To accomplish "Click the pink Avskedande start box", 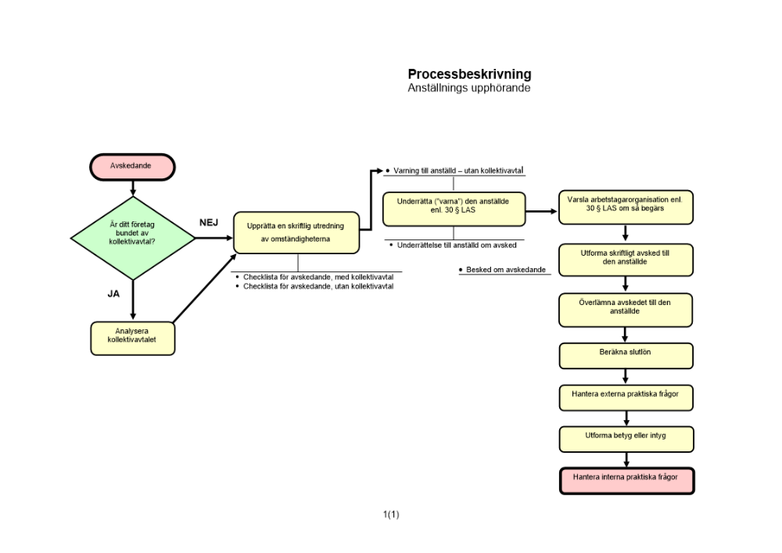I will [x=131, y=167].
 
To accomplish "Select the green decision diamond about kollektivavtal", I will [x=132, y=237].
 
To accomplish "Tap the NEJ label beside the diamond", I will [x=208, y=223].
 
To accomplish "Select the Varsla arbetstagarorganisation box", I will [x=625, y=207].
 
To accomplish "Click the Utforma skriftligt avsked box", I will [x=626, y=259].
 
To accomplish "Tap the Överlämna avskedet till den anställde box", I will [x=626, y=309].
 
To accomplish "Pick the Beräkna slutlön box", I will [x=626, y=355].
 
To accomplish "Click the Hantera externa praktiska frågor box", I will [x=626, y=397].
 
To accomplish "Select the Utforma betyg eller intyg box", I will [x=626, y=438].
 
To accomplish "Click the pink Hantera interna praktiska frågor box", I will [x=626, y=480].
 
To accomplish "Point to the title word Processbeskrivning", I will [x=469, y=74].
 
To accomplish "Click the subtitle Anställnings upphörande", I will [x=469, y=88].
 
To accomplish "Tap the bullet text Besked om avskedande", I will [x=504, y=270].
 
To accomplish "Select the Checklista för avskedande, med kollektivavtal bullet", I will [x=317, y=277].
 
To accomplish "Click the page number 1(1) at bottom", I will [x=391, y=514].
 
